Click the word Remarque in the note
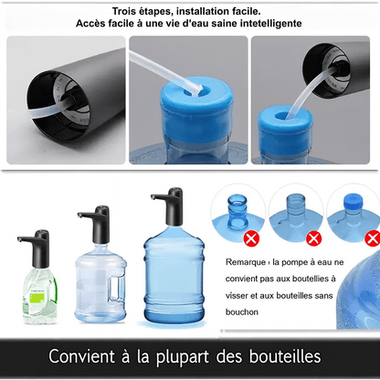pos(248,262)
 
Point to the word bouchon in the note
pos(244,313)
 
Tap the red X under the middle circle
pos(313,238)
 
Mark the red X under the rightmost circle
pos(372,238)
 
